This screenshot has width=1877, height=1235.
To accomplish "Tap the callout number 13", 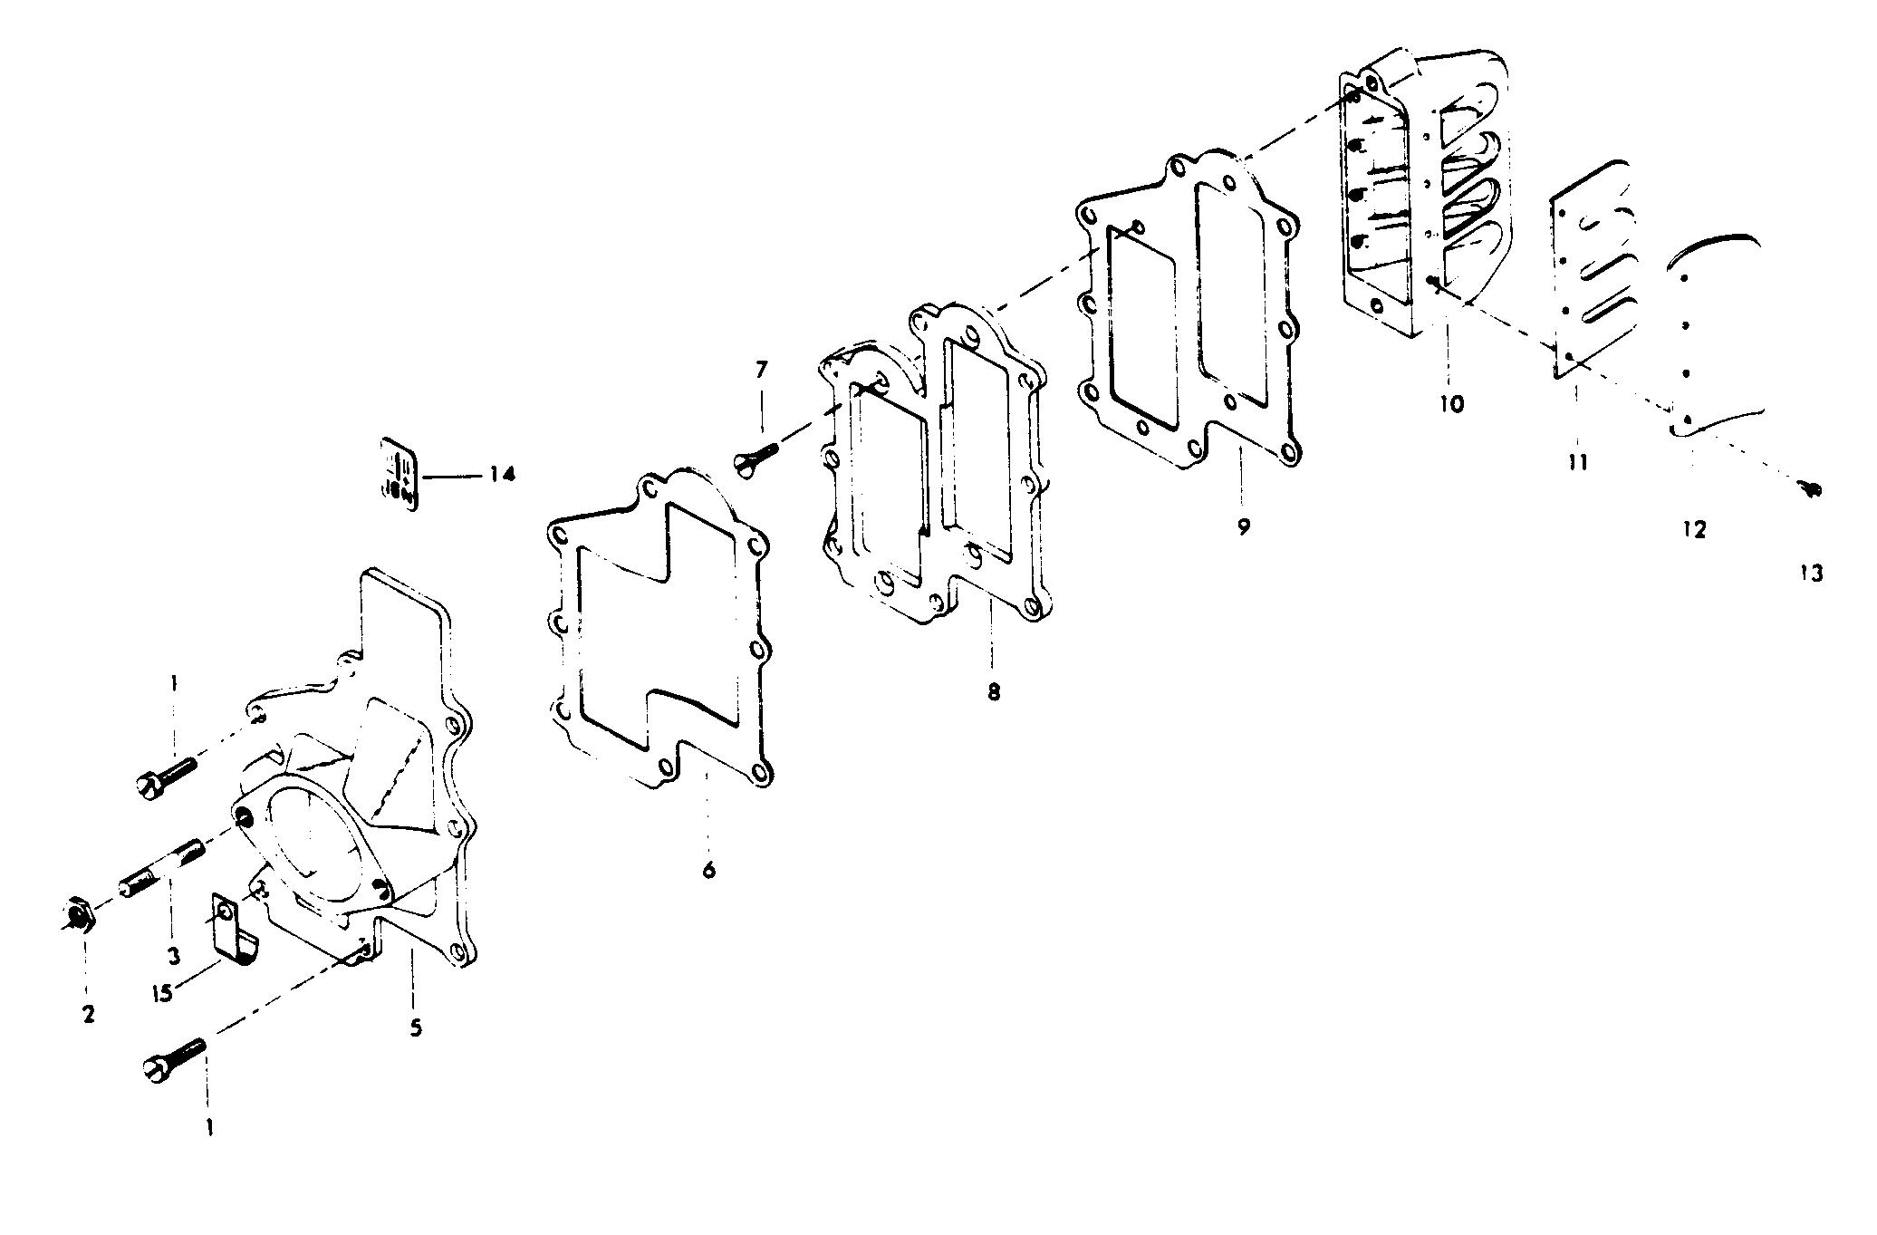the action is click(1811, 574).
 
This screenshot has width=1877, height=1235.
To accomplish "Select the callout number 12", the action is click(1694, 529).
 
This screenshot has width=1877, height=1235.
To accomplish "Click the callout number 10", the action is click(1450, 403).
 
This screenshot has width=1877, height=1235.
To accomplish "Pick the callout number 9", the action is click(1243, 526).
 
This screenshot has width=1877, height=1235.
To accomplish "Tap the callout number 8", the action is click(994, 692).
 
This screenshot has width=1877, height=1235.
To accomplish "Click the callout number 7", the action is click(761, 370).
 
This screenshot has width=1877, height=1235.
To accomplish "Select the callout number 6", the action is click(708, 870).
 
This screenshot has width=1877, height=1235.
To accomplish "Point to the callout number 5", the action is click(416, 1028).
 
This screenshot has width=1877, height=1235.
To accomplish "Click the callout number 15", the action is click(163, 994).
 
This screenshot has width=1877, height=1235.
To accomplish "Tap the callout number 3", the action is click(173, 955).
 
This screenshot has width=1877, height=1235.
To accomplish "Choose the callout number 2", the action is click(88, 1014).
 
